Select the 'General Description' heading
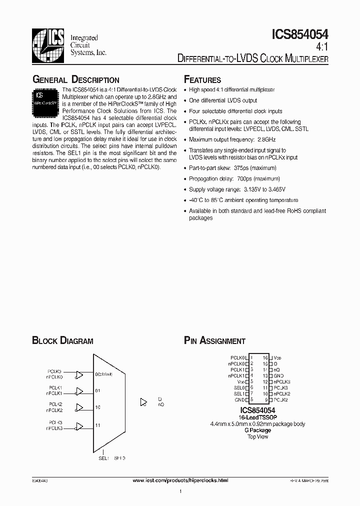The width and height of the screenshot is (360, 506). pyautogui.click(x=75, y=80)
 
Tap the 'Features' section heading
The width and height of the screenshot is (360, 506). pyautogui.click(x=202, y=80)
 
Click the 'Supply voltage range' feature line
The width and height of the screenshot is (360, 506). pyautogui.click(x=236, y=189)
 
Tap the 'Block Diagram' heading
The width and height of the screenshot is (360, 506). pyautogui.click(x=62, y=341)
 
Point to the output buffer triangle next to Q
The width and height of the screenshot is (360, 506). pyautogui.click(x=144, y=401)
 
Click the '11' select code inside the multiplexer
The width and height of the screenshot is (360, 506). pyautogui.click(x=98, y=425)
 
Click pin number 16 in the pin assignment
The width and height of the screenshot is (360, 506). pyautogui.click(x=265, y=358)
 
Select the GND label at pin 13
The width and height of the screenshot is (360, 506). pyautogui.click(x=278, y=375)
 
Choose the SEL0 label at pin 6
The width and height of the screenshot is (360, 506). pyautogui.click(x=239, y=387)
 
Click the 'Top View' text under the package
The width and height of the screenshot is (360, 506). pyautogui.click(x=257, y=436)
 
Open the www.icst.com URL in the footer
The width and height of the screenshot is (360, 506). pyautogui.click(x=180, y=480)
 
